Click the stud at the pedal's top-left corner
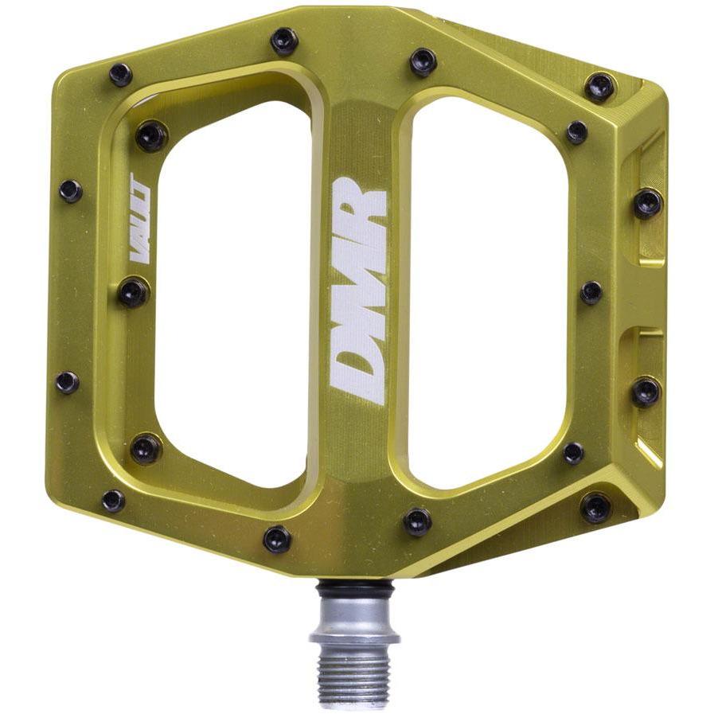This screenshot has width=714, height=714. coord(120,75)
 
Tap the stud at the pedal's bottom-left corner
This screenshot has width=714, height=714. coord(113,501)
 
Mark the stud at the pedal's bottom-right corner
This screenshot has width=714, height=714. coord(595,507)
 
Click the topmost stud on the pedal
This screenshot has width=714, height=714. coord(283,41)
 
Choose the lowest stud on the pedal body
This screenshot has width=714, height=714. coord(277,539)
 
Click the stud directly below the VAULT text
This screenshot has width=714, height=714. coord(134,292)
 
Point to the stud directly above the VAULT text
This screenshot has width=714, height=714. coord(150,136)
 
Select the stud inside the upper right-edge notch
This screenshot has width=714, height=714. coord(647,203)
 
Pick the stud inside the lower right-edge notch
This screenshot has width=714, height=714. coord(646,391)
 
